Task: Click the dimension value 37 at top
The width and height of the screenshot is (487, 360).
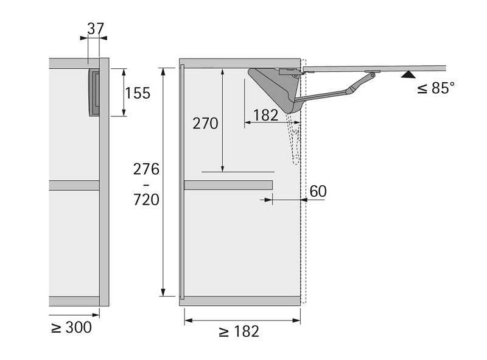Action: pyautogui.click(x=96, y=29)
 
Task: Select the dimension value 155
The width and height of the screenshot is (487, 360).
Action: pyautogui.click(x=138, y=93)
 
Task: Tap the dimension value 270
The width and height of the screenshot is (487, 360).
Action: pyautogui.click(x=205, y=123)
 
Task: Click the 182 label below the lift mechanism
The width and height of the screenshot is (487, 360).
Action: pyautogui.click(x=266, y=115)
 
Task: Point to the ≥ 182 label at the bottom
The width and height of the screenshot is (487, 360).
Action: pyautogui.click(x=239, y=331)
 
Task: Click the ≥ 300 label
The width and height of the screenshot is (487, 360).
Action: pyautogui.click(x=71, y=327)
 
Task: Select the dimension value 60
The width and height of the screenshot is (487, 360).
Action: pyautogui.click(x=318, y=191)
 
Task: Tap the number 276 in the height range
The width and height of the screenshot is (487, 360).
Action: pyautogui.click(x=146, y=169)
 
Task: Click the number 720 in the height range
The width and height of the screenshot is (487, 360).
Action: pyautogui.click(x=146, y=199)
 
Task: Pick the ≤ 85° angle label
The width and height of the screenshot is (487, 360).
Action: pyautogui.click(x=436, y=88)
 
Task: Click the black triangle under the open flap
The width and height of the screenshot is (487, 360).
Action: pyautogui.click(x=408, y=75)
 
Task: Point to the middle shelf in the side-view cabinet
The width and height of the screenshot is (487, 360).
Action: pyautogui.click(x=228, y=185)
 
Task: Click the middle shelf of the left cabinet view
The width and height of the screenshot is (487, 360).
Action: pyautogui.click(x=74, y=185)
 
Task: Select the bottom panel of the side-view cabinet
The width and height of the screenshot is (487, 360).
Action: pyautogui.click(x=240, y=301)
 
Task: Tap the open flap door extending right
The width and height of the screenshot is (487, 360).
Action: pyautogui.click(x=390, y=68)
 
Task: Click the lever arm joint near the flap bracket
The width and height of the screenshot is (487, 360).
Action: pyautogui.click(x=350, y=91)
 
